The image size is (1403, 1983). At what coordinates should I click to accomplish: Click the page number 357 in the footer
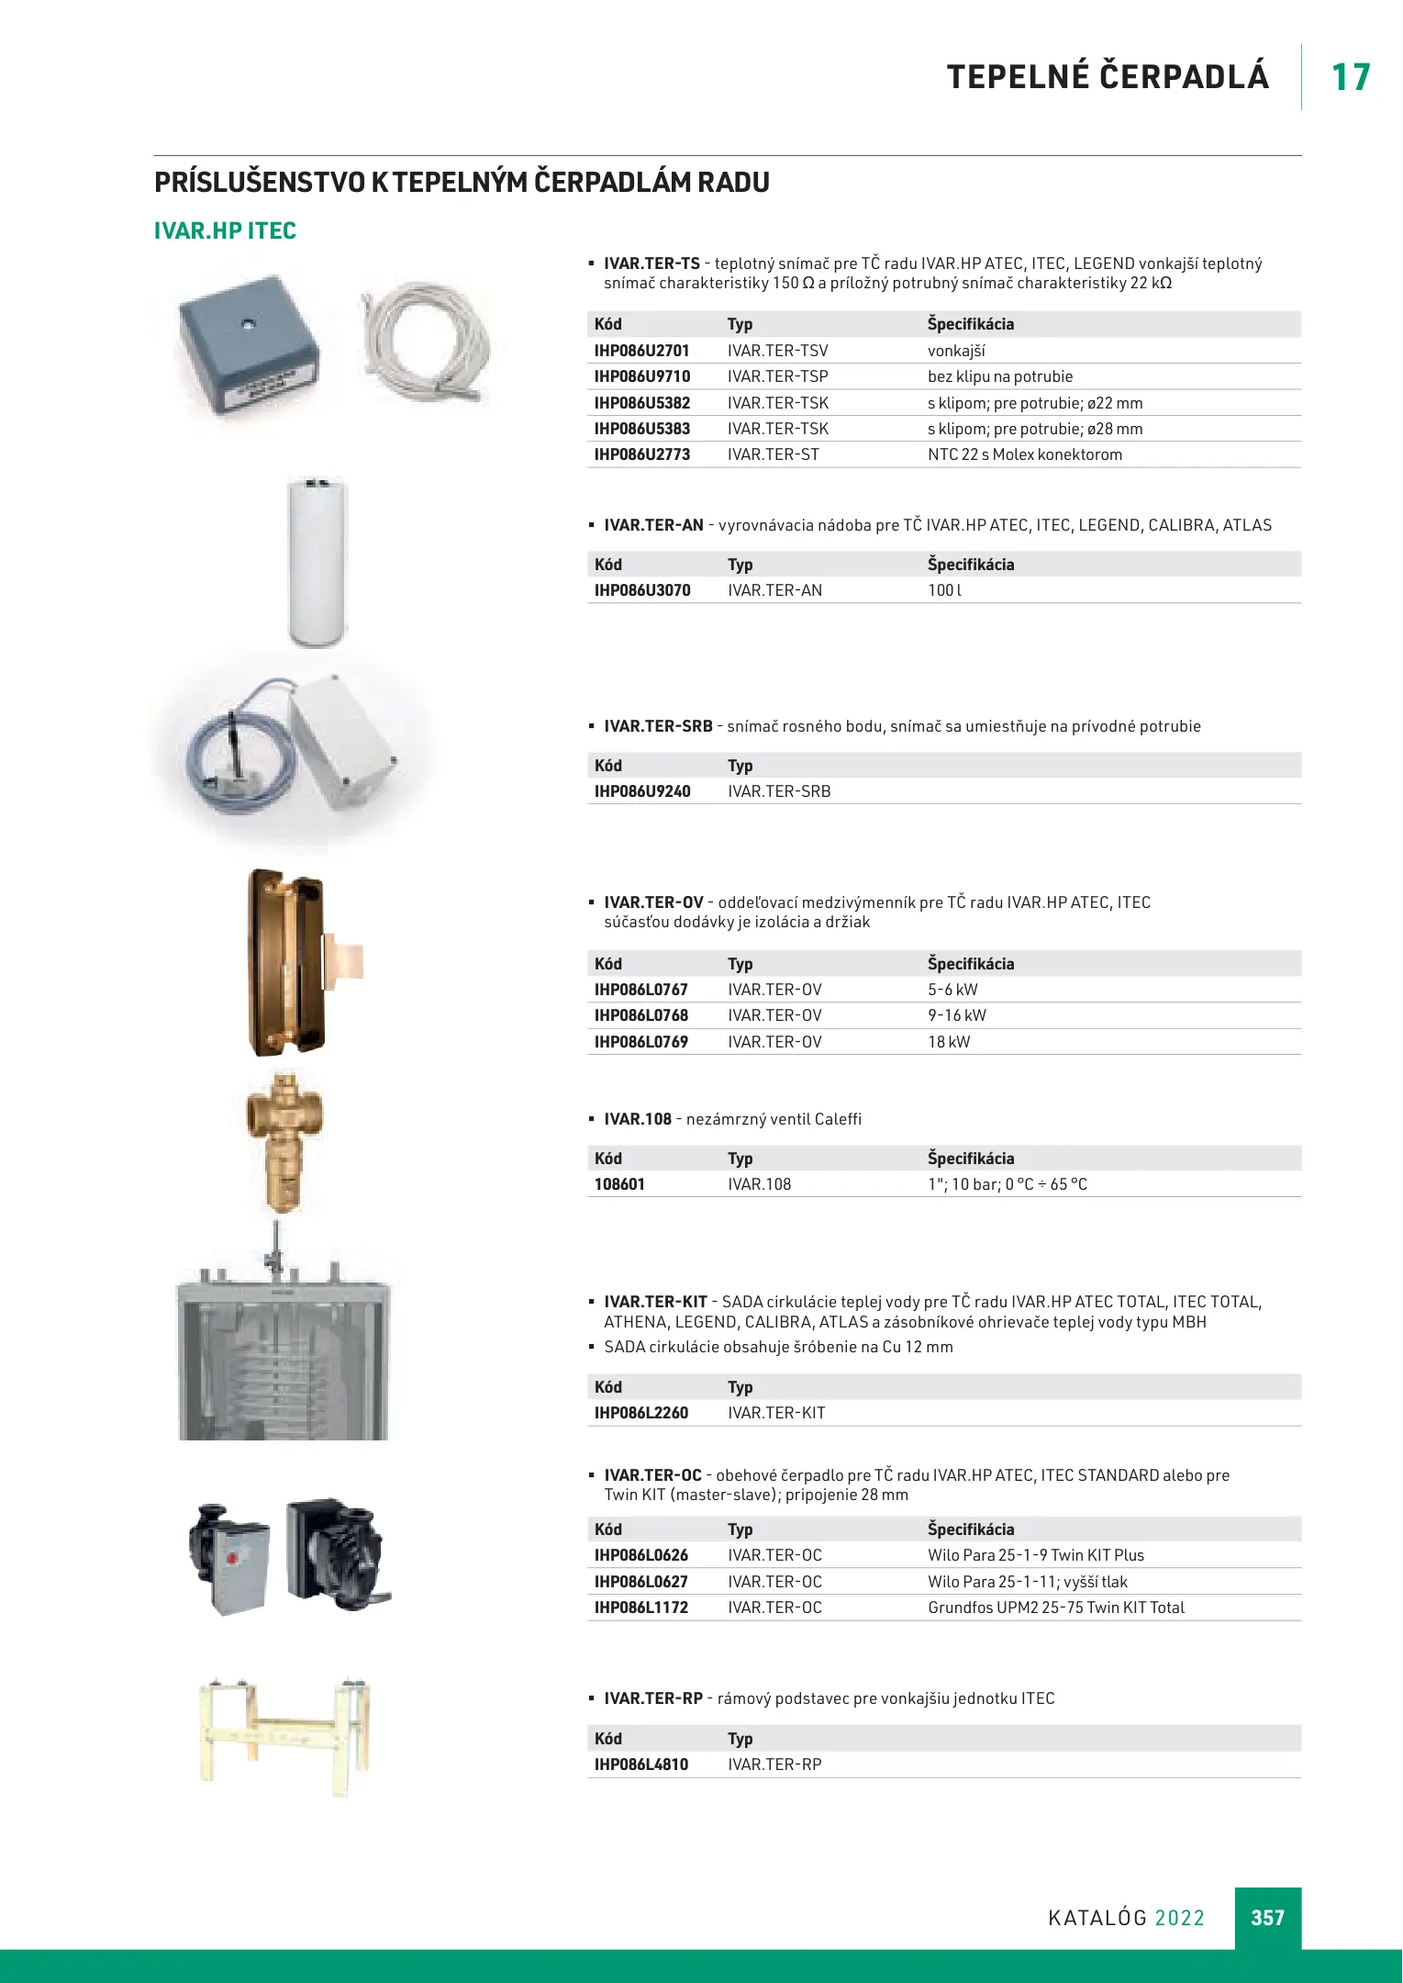(1267, 1918)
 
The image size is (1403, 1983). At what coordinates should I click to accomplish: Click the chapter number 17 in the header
(1351, 77)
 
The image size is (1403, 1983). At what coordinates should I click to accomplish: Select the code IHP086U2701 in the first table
(641, 351)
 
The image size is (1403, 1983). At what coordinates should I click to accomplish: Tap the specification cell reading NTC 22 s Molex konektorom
(1024, 454)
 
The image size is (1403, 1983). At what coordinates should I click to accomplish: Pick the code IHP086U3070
(642, 590)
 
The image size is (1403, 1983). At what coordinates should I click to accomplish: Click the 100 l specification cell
(944, 590)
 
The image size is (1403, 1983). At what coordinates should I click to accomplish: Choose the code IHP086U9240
(642, 791)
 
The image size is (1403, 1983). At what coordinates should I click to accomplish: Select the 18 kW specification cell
(949, 1042)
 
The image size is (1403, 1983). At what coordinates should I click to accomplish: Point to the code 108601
(619, 1184)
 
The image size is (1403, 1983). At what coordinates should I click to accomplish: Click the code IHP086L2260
(641, 1413)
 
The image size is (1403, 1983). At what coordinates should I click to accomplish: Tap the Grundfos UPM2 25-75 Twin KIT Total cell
(1056, 1608)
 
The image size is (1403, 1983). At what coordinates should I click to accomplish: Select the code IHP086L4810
(641, 1765)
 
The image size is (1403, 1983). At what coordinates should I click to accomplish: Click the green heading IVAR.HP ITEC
(225, 230)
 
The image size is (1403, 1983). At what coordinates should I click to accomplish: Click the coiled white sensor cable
(425, 342)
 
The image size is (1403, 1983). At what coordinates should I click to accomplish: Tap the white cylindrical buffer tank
(317, 561)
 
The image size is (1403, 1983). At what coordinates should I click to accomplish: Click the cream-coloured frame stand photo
(284, 1733)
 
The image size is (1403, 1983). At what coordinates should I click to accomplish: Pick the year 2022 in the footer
(1179, 1918)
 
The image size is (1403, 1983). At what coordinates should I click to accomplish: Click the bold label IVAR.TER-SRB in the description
(658, 726)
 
